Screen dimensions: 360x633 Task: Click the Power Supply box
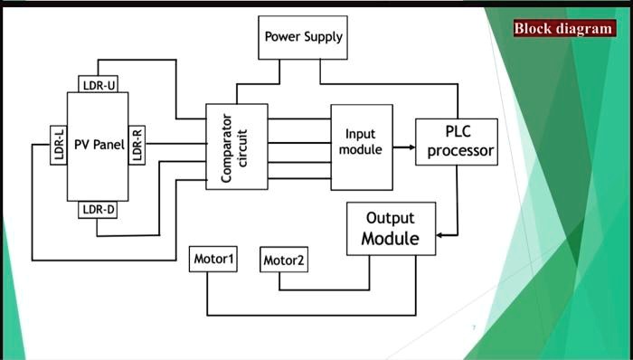[x=303, y=37]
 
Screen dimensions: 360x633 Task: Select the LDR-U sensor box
[x=98, y=84]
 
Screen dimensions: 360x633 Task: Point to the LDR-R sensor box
[x=137, y=144]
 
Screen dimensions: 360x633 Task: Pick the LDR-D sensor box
[x=98, y=210]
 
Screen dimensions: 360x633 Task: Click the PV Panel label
[x=99, y=145]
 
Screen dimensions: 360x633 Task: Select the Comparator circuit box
[x=237, y=147]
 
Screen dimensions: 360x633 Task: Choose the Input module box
[x=361, y=147]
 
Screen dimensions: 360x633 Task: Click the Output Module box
[x=391, y=229]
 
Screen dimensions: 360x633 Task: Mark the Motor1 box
[x=214, y=260]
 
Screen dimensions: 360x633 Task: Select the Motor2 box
[x=284, y=261]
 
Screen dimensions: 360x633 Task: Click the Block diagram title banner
[x=564, y=28]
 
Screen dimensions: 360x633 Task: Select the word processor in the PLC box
[x=460, y=151]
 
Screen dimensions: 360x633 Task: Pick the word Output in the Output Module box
[x=391, y=219]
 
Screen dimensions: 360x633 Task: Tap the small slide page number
[x=473, y=327]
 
